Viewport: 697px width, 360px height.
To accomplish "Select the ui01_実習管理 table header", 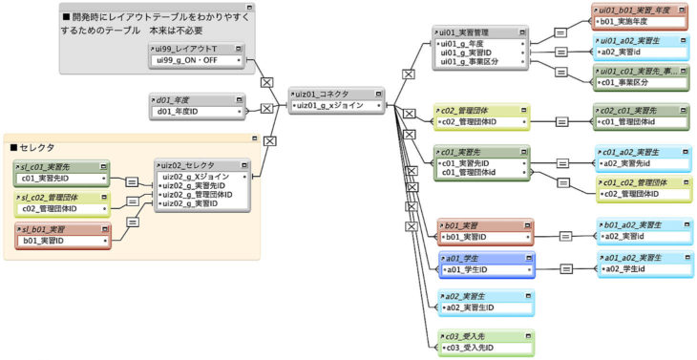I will (473, 32).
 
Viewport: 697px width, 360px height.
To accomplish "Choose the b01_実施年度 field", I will (630, 19).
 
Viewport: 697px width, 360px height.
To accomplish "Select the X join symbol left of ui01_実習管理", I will (409, 73).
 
